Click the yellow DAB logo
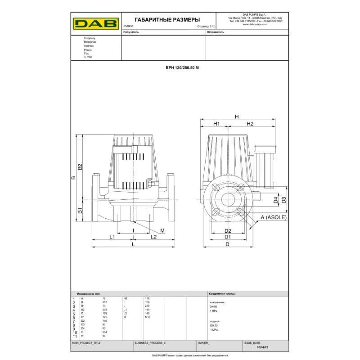coord(95,22)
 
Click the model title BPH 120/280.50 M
coord(182,67)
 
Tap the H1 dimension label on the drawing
coord(216,124)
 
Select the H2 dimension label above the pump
coord(250,124)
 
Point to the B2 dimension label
coord(80,167)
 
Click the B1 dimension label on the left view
coord(80,210)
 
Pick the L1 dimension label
coord(112,237)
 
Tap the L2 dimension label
coord(153,237)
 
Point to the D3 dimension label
coord(283,199)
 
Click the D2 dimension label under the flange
coord(228,231)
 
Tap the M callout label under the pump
coord(162,230)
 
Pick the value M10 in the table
coord(148,317)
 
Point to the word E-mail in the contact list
coord(88,57)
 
